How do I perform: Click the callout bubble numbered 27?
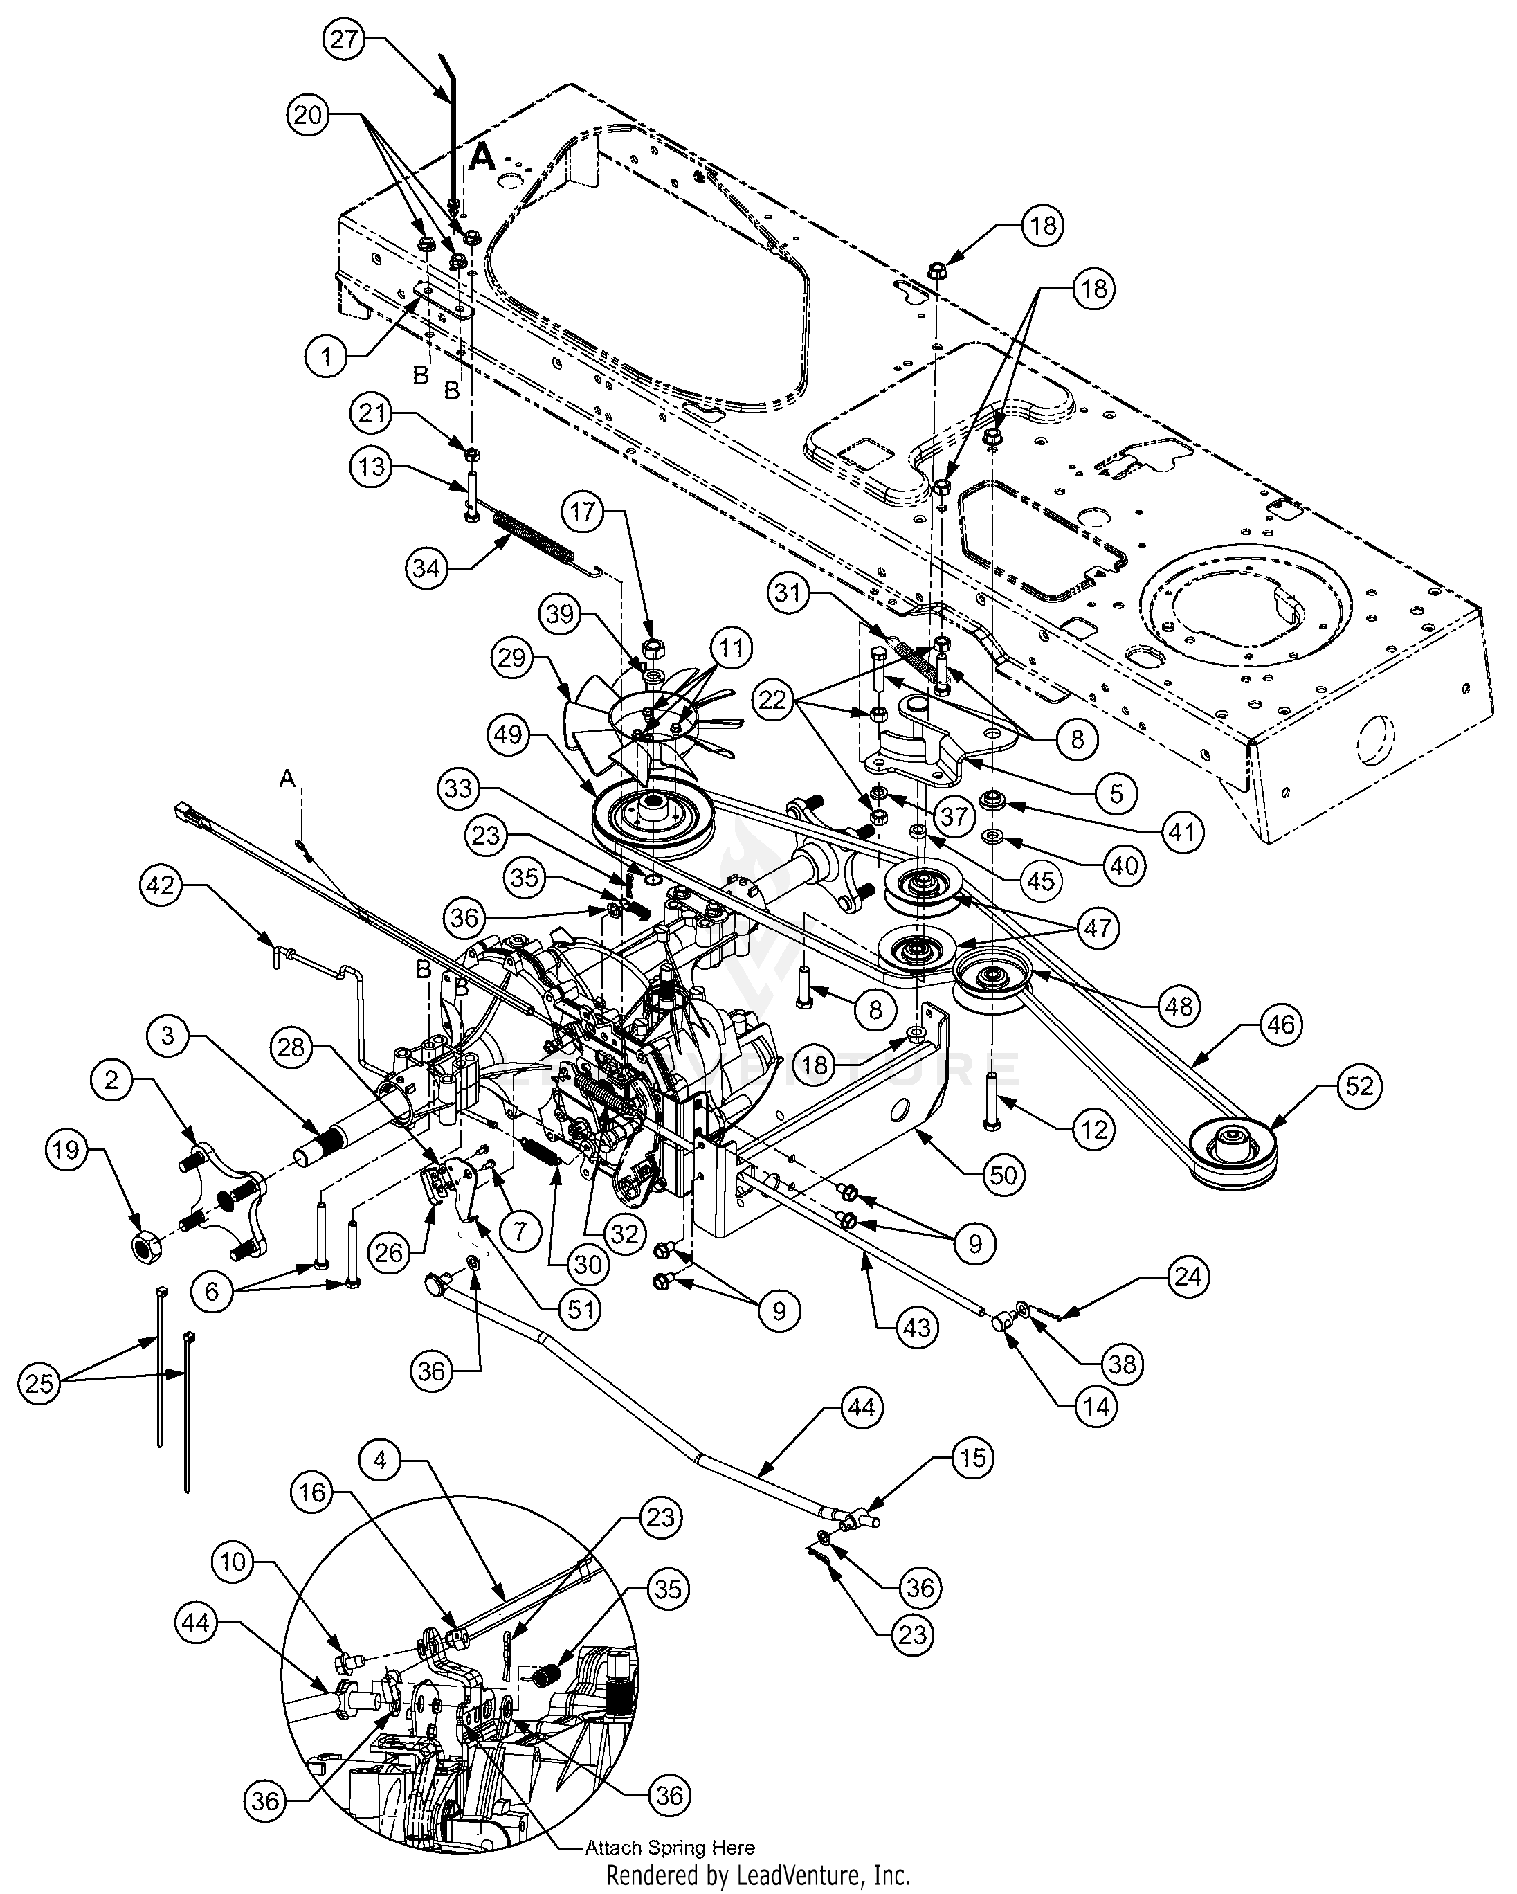345,40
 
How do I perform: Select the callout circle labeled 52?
1359,1087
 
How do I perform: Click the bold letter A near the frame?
482,157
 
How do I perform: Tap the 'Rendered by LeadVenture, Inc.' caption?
758,1873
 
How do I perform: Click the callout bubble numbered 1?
327,357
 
